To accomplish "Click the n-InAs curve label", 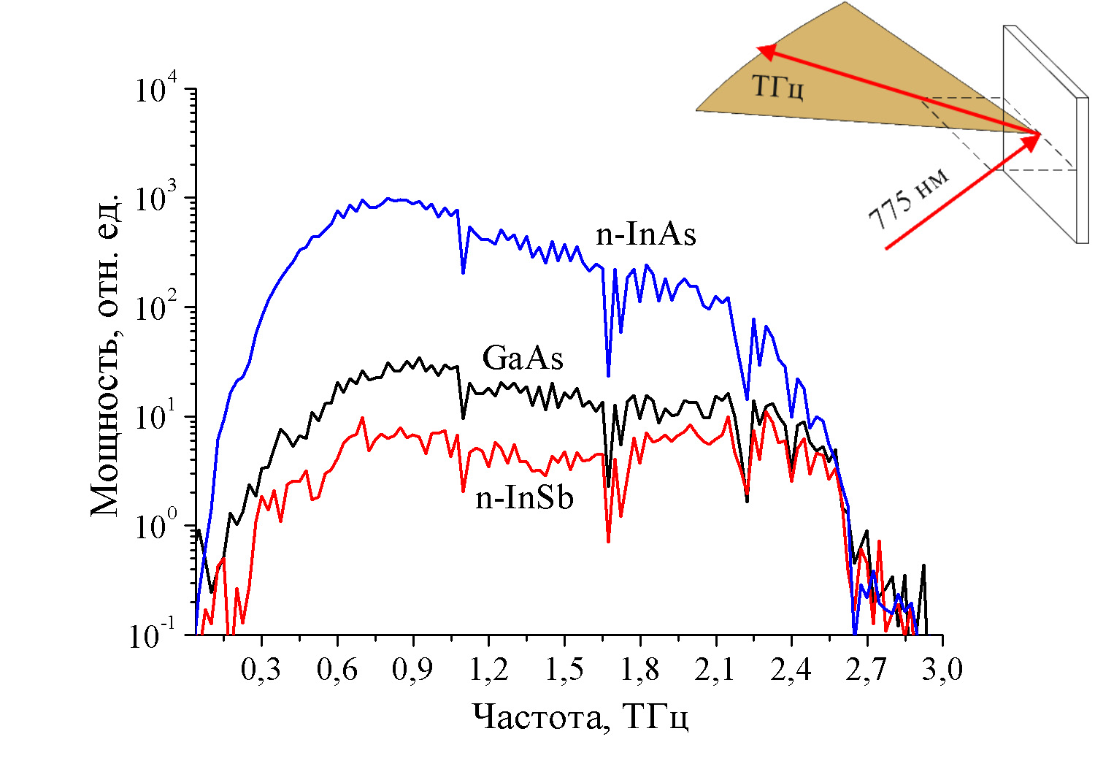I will pos(645,234).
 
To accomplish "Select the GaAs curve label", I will pos(523,359).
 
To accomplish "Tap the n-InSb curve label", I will pos(524,498).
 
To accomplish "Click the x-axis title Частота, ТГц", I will pos(580,717).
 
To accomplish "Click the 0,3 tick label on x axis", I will pos(261,670).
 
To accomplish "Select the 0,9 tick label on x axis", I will pos(412,670).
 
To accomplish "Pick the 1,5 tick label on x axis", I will pos(564,670).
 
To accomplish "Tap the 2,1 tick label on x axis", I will pos(715,670).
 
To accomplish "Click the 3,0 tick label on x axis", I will pos(942,670).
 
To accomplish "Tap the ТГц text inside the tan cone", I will pos(778,88).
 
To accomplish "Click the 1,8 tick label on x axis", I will pos(639,670).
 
